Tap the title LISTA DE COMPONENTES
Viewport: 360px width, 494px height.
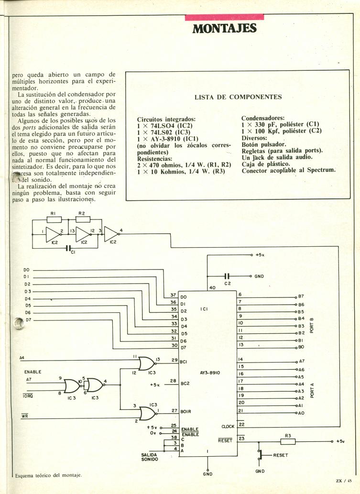tap(238, 97)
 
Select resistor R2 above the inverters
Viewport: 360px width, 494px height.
tap(81, 219)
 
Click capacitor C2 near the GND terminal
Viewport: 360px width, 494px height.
tap(227, 276)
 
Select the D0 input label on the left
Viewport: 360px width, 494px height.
tap(27, 270)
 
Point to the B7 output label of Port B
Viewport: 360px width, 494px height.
tap(301, 296)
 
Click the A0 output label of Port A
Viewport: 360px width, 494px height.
tap(301, 412)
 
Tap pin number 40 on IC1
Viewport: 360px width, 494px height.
tap(212, 287)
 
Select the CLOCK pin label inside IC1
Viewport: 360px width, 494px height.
tap(228, 426)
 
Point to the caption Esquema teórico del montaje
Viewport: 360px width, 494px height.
tap(48, 475)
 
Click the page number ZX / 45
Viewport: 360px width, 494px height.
tap(343, 482)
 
